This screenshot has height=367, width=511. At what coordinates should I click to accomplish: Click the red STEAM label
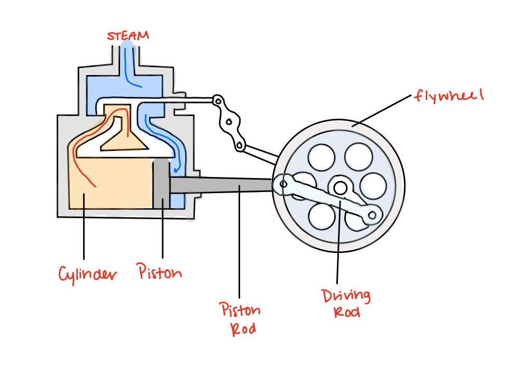(x=127, y=36)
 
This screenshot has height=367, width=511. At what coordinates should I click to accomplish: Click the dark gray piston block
(x=161, y=185)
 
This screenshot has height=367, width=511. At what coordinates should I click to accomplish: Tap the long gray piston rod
(x=224, y=184)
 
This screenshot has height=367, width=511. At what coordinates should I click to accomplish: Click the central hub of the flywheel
(x=340, y=186)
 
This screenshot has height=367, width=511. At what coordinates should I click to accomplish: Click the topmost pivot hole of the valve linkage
(x=218, y=99)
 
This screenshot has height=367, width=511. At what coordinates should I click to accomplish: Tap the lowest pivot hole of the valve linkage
(x=240, y=146)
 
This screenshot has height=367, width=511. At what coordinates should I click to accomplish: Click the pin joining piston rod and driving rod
(x=283, y=183)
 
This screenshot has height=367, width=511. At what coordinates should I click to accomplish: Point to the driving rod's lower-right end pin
(x=373, y=213)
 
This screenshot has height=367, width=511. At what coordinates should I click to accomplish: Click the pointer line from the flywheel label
(x=382, y=110)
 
